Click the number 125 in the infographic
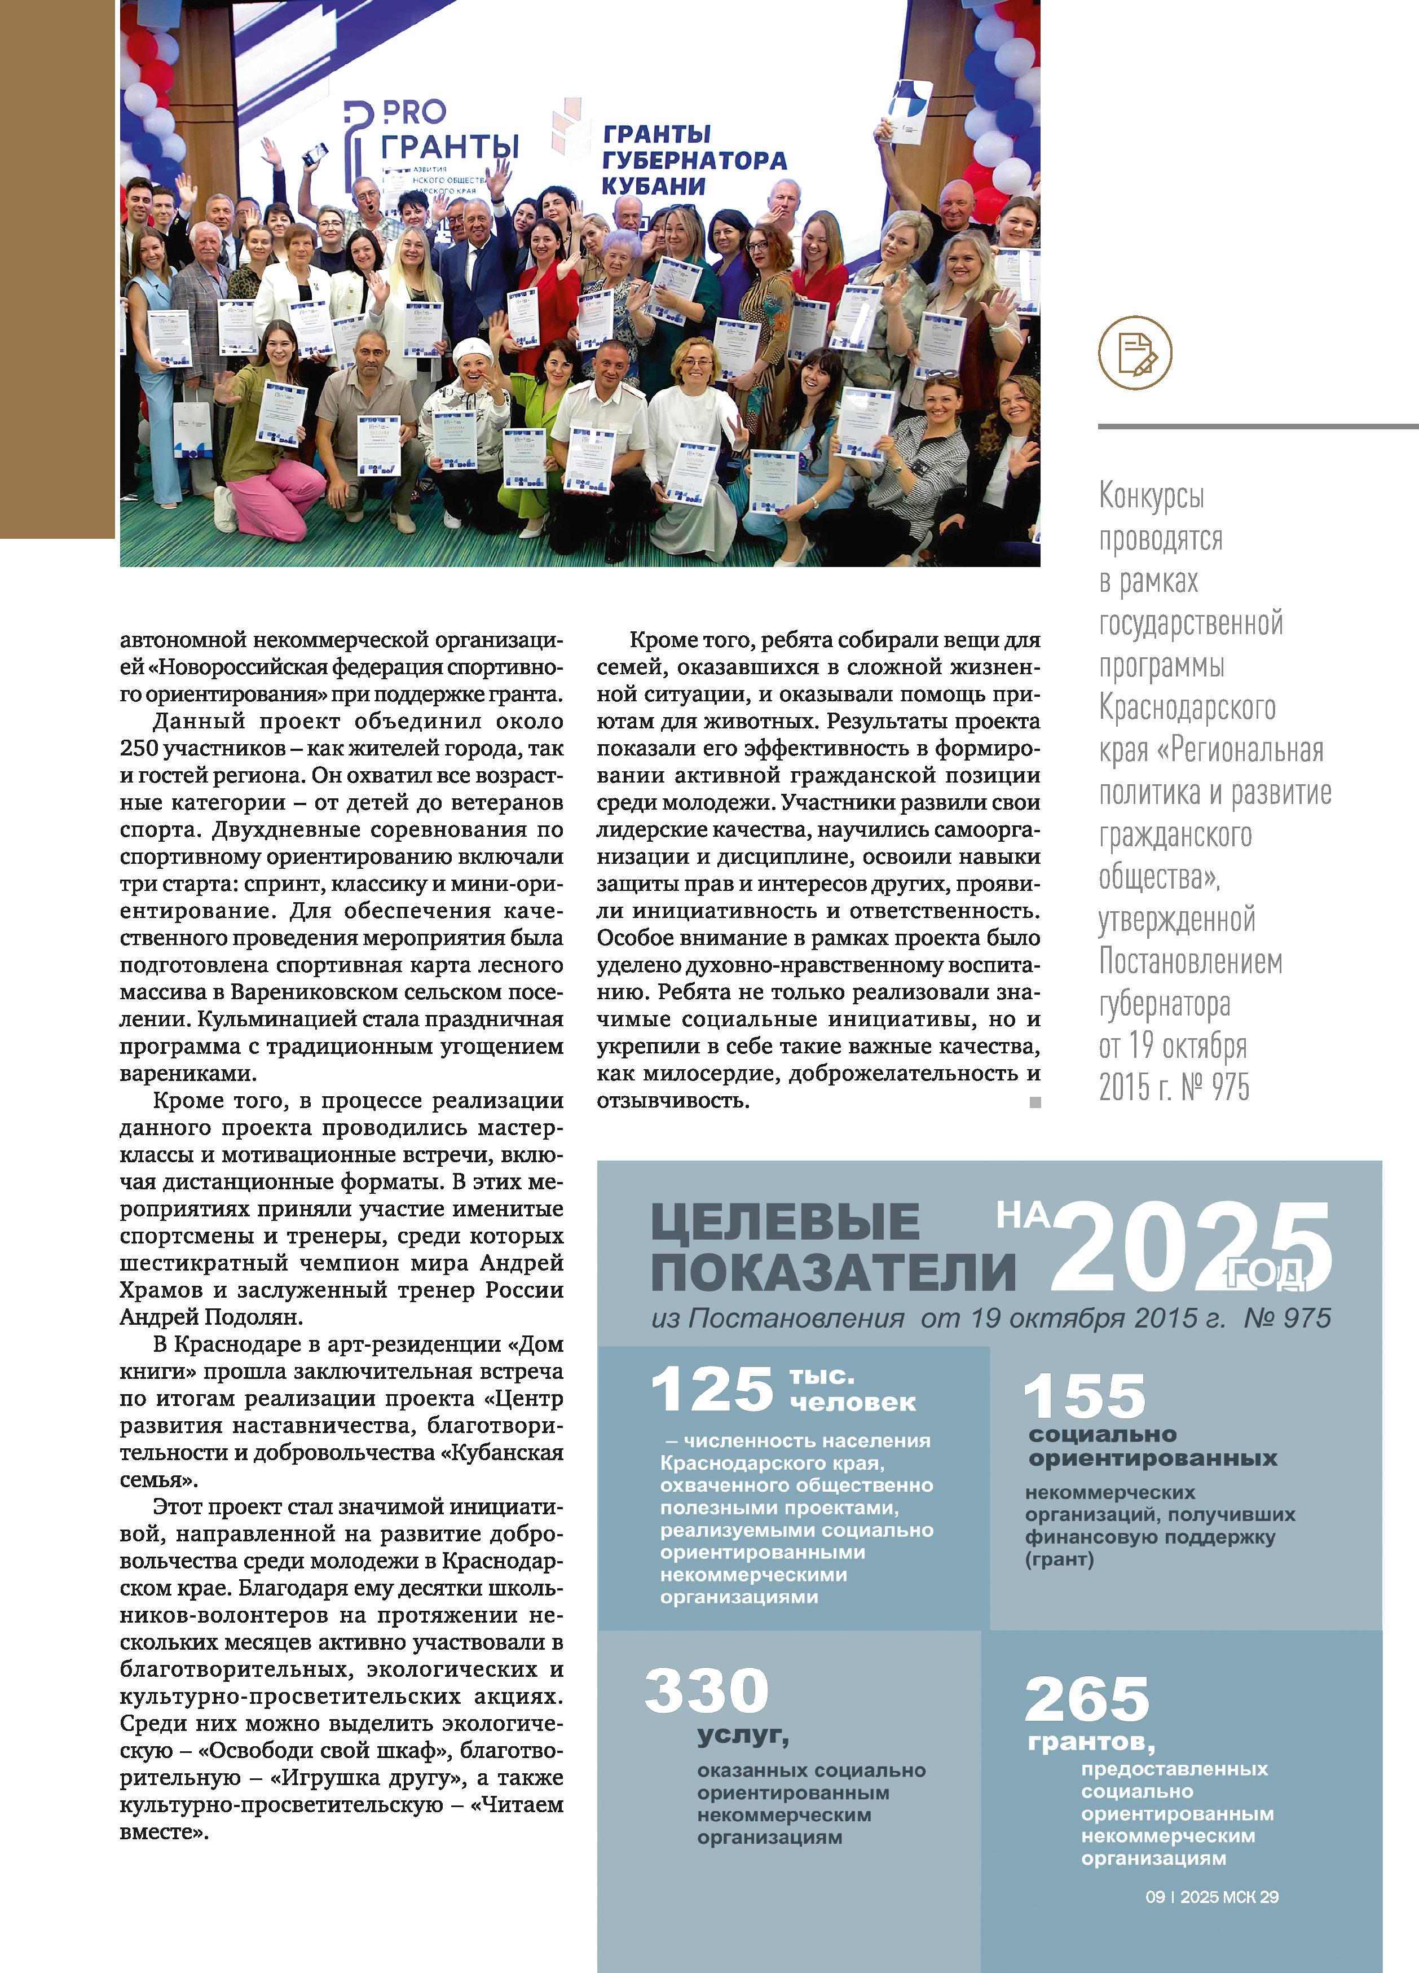tap(711, 1388)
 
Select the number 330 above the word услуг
tap(706, 1689)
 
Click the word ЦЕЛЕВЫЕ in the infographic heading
tap(785, 1221)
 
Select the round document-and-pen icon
tap(1135, 352)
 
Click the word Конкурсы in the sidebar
tap(1151, 496)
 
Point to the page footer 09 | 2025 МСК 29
tap(1211, 1896)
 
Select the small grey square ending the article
tap(1035, 1102)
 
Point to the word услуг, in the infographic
tap(743, 1735)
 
